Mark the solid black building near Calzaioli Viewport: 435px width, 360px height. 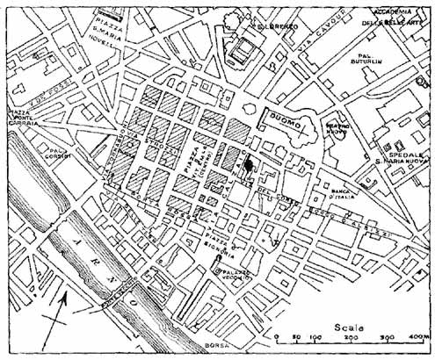(x=248, y=164)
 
